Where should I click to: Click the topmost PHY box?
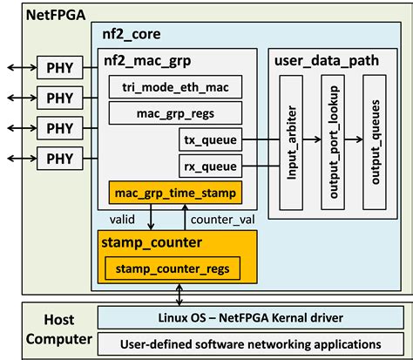pyautogui.click(x=60, y=66)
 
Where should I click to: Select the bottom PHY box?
pyautogui.click(x=60, y=159)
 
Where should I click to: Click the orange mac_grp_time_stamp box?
pyautogui.click(x=175, y=192)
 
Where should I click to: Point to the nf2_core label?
pyautogui.click(x=129, y=37)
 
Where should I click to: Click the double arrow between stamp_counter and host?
pyautogui.click(x=179, y=293)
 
